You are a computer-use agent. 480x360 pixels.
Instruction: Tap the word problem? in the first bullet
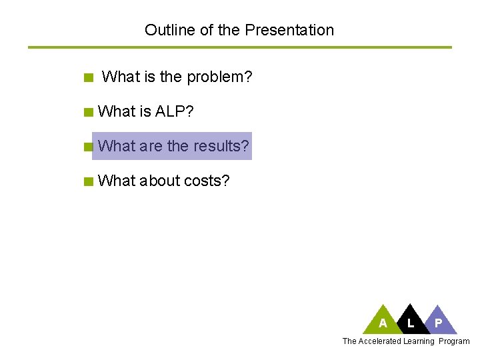click(x=219, y=77)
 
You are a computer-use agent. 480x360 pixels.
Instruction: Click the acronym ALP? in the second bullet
click(x=175, y=111)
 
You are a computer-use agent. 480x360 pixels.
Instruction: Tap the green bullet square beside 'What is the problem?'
click(x=89, y=78)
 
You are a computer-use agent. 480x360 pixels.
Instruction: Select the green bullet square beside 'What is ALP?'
click(x=89, y=112)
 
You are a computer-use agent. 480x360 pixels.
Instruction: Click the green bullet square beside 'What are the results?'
click(x=89, y=147)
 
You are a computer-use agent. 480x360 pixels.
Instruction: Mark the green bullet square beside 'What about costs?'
click(x=89, y=181)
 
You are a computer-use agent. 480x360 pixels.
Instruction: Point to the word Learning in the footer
click(x=419, y=341)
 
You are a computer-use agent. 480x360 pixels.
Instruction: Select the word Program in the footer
click(x=454, y=341)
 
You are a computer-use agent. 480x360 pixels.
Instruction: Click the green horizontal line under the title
click(x=240, y=47)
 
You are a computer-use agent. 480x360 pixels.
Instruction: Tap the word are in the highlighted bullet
click(x=151, y=146)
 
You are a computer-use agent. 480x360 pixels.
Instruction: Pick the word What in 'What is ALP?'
click(x=115, y=111)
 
